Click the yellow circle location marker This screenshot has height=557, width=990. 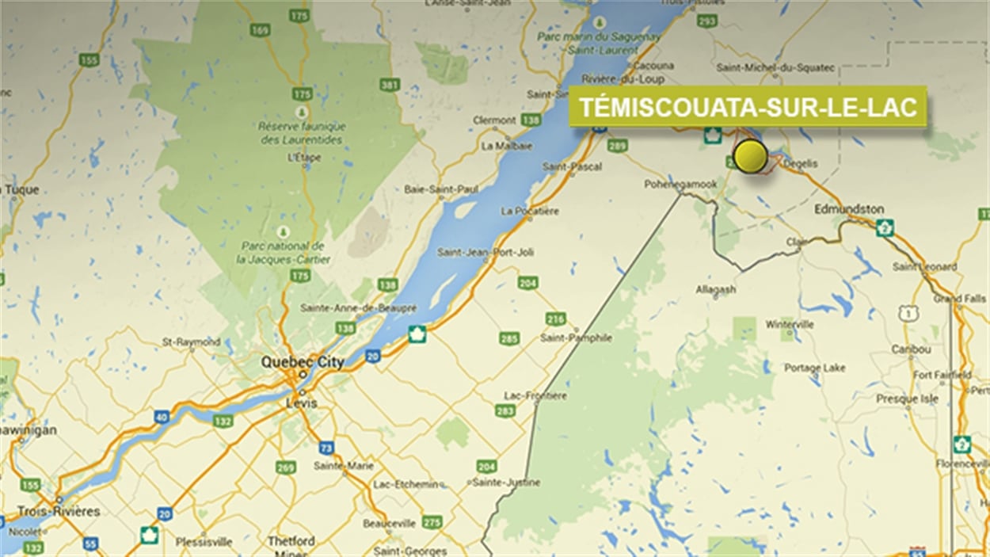click(749, 156)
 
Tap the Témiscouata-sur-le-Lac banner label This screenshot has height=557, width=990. click(748, 107)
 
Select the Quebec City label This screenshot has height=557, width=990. click(303, 362)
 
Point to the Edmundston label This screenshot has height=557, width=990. click(849, 209)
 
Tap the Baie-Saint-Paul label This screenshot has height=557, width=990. click(430, 189)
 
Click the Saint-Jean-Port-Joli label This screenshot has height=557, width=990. click(485, 252)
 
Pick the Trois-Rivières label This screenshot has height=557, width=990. click(59, 511)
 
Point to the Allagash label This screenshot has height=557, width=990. click(716, 290)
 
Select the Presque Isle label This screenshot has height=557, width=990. click(907, 399)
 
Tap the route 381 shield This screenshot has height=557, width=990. click(390, 85)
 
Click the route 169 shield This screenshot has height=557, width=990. click(260, 30)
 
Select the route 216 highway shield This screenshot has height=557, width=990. click(555, 319)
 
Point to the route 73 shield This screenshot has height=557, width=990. click(326, 448)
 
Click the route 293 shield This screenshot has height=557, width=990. click(707, 20)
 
